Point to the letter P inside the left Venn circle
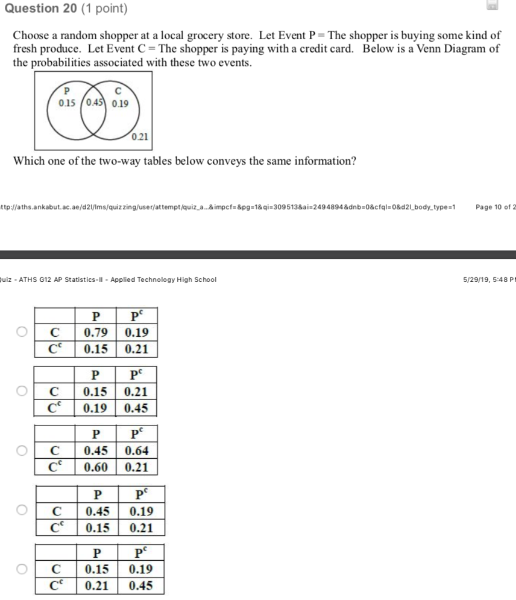point(66,92)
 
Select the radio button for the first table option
point(22,331)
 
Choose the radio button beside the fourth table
point(22,511)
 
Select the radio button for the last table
point(22,569)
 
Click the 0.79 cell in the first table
point(96,333)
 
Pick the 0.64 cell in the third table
point(136,451)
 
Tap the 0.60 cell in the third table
point(96,467)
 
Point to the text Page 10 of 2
point(495,207)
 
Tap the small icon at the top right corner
point(492,6)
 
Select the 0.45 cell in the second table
point(136,408)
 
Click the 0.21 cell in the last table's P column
point(96,585)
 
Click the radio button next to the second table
point(22,391)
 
